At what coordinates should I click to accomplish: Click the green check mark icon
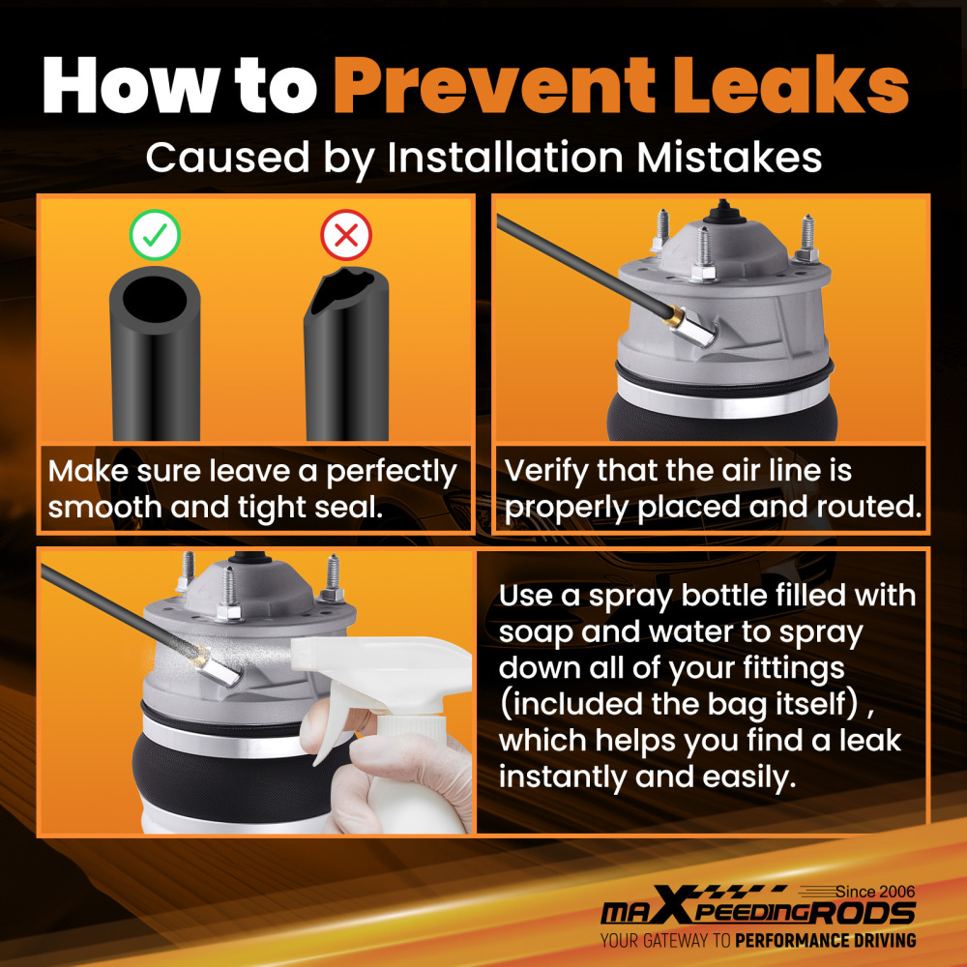[x=155, y=235]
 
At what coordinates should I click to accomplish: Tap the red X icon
[x=346, y=235]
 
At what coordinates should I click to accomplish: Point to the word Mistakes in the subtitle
[x=729, y=157]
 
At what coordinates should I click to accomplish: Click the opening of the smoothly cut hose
[x=154, y=299]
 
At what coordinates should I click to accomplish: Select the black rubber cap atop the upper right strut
[x=723, y=212]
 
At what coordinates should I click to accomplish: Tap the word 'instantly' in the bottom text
[x=561, y=777]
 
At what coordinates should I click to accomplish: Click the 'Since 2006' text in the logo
[x=875, y=892]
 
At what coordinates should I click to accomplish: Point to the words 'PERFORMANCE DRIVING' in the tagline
[x=825, y=941]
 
